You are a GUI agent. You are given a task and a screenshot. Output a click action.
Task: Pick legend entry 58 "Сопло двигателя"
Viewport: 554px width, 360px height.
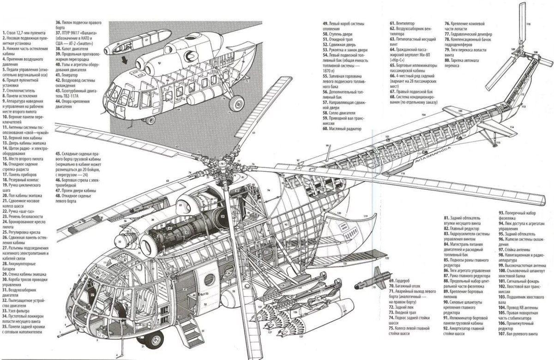tap(341, 113)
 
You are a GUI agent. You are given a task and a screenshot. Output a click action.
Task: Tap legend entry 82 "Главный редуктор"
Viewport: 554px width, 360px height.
tap(462, 228)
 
